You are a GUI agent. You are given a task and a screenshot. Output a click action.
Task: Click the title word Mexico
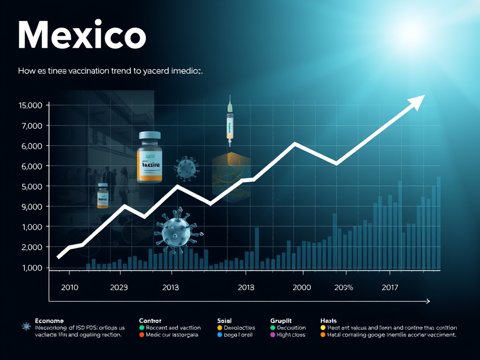pyautogui.click(x=82, y=35)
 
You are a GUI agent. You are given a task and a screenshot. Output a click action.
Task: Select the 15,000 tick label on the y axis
pyautogui.click(x=30, y=105)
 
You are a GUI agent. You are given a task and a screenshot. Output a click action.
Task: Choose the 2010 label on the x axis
pyautogui.click(x=70, y=287)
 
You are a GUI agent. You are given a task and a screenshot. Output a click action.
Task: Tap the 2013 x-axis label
pyautogui.click(x=170, y=287)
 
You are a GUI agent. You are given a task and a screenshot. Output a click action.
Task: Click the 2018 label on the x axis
pyautogui.click(x=246, y=287)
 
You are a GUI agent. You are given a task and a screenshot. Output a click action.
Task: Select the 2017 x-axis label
pyautogui.click(x=390, y=287)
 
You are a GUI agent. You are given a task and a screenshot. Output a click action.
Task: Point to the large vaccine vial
pyautogui.click(x=150, y=157)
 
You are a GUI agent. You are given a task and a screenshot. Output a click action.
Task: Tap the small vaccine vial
pyautogui.click(x=103, y=196)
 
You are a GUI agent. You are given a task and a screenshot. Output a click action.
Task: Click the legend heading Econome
pyautogui.click(x=50, y=321)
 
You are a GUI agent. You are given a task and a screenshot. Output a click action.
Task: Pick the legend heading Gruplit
pyautogui.click(x=281, y=321)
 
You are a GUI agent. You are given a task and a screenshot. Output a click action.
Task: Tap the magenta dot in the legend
pyautogui.click(x=273, y=335)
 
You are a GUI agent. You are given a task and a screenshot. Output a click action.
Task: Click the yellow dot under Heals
pyautogui.click(x=322, y=328)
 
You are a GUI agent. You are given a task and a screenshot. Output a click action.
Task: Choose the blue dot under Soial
pyautogui.click(x=220, y=335)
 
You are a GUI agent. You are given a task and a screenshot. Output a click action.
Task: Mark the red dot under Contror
pyautogui.click(x=142, y=335)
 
